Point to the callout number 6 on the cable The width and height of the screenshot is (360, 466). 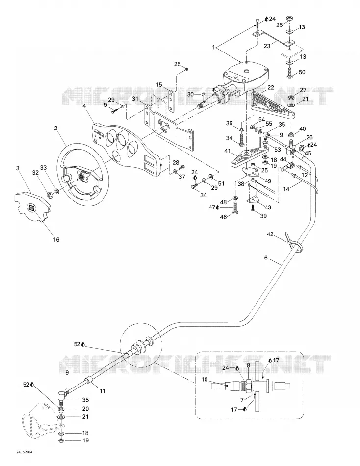click(266, 258)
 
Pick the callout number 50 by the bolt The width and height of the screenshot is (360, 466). click(302, 72)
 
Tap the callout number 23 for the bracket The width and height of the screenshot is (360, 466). click(267, 46)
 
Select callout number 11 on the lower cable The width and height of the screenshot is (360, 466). click(103, 391)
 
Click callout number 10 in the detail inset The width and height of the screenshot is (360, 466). click(204, 379)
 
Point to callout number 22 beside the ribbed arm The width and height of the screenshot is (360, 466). click(270, 87)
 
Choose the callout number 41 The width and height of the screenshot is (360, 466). click(228, 151)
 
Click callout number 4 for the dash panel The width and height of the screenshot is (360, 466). click(84, 106)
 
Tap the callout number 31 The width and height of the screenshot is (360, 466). click(135, 99)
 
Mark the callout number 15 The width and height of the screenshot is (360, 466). click(159, 85)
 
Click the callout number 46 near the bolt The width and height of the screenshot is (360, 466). click(223, 217)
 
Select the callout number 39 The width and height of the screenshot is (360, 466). click(263, 216)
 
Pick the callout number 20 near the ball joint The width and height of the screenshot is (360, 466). click(85, 409)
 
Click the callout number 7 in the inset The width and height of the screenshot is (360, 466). click(242, 400)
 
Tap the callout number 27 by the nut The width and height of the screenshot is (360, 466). click(303, 90)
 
